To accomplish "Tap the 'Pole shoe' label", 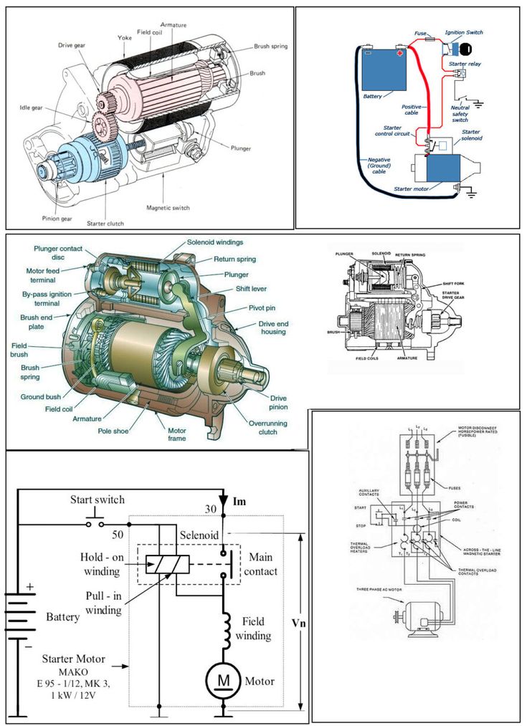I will coord(114,431).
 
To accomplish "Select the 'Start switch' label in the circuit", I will coord(98,500).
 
